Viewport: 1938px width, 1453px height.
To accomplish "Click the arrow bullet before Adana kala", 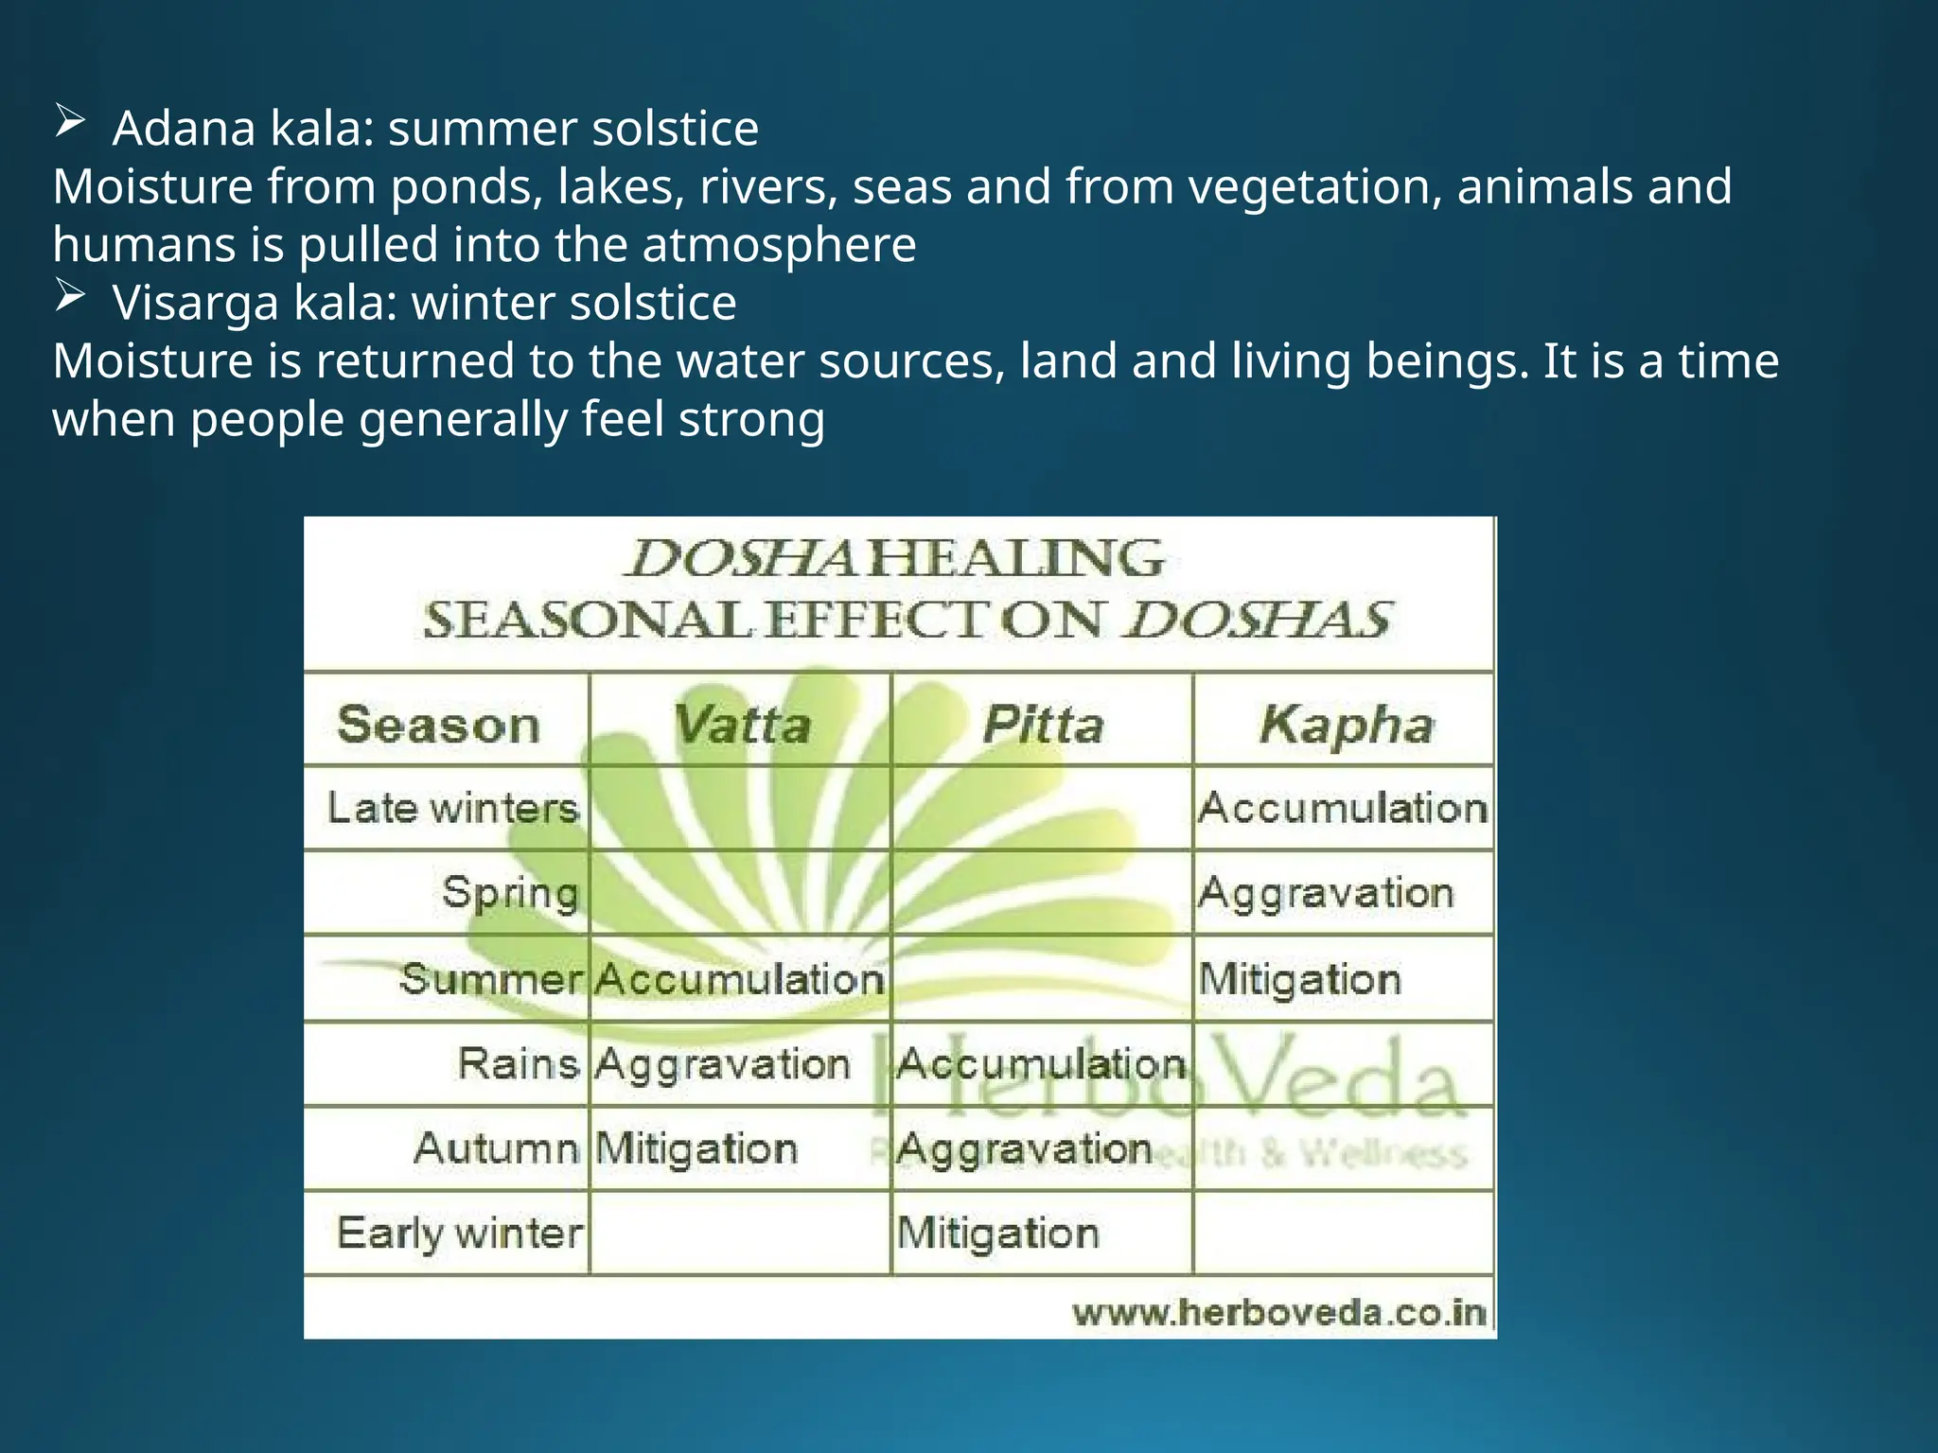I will (x=70, y=122).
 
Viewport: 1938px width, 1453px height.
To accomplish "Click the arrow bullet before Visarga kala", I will (x=70, y=296).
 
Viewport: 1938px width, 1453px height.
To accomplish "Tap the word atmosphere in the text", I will (x=779, y=245).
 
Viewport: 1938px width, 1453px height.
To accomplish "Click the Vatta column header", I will (x=741, y=726).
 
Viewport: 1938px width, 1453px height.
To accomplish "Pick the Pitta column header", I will (x=1043, y=726).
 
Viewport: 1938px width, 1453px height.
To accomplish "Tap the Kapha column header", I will (x=1346, y=726).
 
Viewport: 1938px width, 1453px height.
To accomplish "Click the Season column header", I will (x=439, y=726).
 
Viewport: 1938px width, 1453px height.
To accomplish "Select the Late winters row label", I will (x=452, y=809).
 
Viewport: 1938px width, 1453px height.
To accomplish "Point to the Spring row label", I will (x=510, y=893).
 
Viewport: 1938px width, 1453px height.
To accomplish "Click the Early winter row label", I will (x=460, y=1234).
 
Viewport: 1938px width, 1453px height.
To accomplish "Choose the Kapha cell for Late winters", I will (x=1343, y=809).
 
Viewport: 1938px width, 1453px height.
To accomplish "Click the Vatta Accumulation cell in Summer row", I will (x=739, y=979).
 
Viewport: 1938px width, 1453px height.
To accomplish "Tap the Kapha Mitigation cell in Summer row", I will (x=1299, y=979).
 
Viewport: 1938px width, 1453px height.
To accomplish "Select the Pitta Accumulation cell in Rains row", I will (x=1041, y=1064).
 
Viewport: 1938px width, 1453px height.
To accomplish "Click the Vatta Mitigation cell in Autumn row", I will (x=696, y=1149).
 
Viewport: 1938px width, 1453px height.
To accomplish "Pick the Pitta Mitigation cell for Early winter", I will (x=997, y=1234).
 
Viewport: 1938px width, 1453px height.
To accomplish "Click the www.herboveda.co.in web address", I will (x=1278, y=1313).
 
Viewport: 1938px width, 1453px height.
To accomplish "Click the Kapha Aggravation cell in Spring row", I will (x=1325, y=893).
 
